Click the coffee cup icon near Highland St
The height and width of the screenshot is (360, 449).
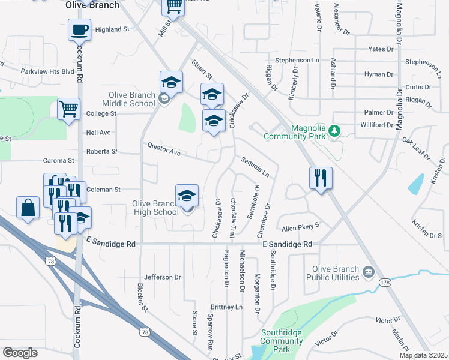(79, 29)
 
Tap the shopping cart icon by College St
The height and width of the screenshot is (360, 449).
(68, 110)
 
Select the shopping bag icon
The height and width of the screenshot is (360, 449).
(28, 208)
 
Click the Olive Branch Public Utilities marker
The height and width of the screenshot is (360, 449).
(368, 273)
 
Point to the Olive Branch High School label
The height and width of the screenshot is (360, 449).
(155, 208)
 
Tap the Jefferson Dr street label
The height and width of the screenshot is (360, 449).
(163, 277)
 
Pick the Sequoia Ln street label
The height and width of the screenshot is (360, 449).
(255, 167)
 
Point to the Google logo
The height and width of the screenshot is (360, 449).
(20, 353)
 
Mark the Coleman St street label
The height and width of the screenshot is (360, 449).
(104, 190)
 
